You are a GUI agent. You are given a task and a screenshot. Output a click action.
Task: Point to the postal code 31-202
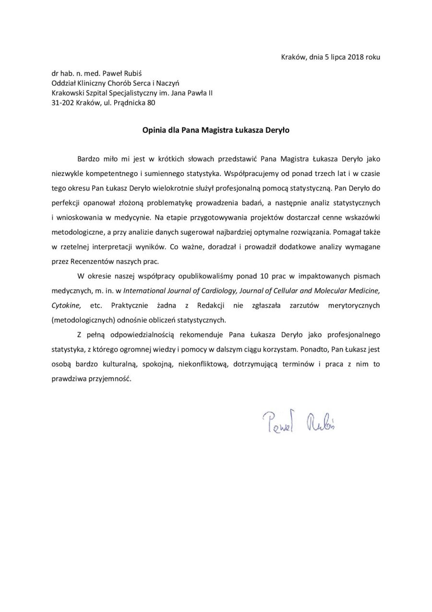62,102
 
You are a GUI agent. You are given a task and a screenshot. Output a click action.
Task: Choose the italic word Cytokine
66,305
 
